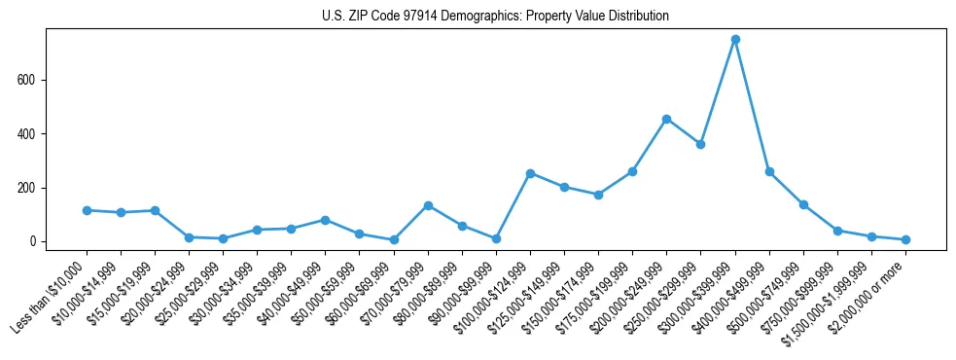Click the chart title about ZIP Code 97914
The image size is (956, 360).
[495, 16]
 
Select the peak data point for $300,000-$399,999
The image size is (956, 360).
[735, 39]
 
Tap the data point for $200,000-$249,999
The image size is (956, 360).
[666, 119]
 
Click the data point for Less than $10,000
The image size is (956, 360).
[87, 210]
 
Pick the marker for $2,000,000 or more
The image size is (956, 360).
[905, 239]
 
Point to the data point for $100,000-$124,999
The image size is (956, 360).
[530, 173]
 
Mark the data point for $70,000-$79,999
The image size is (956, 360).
[428, 205]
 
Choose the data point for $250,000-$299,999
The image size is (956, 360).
[700, 144]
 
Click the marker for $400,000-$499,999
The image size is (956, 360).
[769, 171]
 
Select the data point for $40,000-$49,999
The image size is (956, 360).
[325, 220]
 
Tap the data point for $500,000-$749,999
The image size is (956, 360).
[803, 204]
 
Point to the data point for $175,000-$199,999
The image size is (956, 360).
[632, 171]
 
